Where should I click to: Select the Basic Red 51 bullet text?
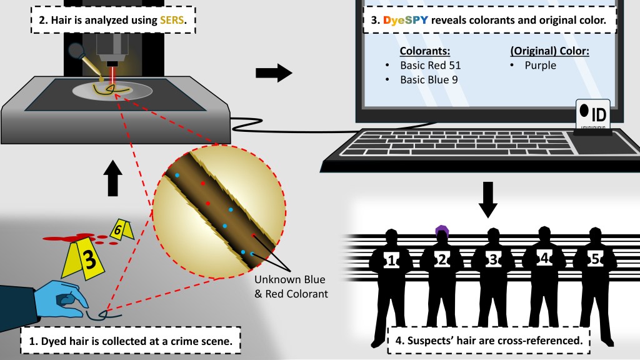pyautogui.click(x=431, y=65)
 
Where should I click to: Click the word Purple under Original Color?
pyautogui.click(x=540, y=65)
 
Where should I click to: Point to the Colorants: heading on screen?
pyautogui.click(x=424, y=50)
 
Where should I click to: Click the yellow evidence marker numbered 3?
pyautogui.click(x=88, y=259)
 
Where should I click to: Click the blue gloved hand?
pyautogui.click(x=62, y=297)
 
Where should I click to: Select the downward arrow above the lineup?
pyautogui.click(x=489, y=198)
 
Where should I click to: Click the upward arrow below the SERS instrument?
pyautogui.click(x=113, y=177)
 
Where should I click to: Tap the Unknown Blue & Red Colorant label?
pyautogui.click(x=291, y=285)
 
